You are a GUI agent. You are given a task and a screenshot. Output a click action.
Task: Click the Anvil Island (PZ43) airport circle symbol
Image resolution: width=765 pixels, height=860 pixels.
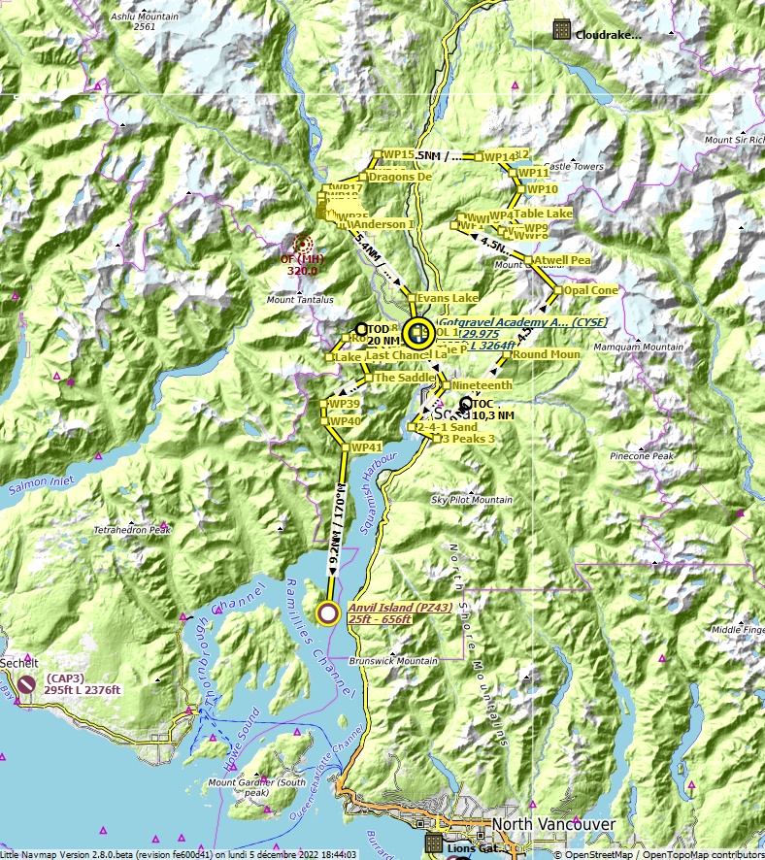328,612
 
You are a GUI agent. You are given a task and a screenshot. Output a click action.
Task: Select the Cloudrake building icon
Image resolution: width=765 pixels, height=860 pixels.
561,30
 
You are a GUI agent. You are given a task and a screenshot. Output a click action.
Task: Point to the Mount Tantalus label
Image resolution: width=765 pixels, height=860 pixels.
300,300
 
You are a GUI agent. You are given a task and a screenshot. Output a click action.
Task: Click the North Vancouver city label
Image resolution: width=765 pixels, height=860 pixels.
552,824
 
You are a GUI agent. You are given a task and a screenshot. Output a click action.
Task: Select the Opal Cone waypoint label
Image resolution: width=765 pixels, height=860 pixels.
591,290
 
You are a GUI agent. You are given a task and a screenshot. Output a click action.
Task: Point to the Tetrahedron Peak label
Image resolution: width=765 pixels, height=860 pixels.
132,530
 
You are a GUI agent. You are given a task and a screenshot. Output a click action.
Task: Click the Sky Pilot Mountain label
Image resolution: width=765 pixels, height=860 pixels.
472,500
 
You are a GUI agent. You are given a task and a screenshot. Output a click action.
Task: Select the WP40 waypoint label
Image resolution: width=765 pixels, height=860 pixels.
345,421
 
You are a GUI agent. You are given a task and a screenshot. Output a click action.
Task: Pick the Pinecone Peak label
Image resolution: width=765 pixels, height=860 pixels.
641,455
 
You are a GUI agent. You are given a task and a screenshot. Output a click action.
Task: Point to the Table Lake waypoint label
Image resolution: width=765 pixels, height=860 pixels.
543,213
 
